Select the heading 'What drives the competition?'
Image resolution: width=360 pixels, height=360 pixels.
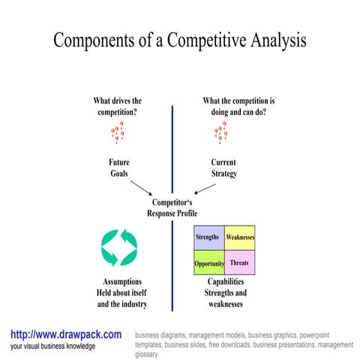coord(117,106)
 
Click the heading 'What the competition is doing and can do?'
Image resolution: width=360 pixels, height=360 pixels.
coord(239,106)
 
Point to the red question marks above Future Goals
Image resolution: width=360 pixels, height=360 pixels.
coord(118,133)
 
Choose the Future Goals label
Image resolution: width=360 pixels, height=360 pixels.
coord(120,167)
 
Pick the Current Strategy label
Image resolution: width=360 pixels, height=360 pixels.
coord(223,167)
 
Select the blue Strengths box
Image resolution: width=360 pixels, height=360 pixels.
coord(208,238)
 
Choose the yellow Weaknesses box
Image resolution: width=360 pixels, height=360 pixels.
coord(240,238)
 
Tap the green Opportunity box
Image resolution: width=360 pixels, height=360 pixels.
coord(208,263)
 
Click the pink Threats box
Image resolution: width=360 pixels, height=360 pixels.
coord(240,262)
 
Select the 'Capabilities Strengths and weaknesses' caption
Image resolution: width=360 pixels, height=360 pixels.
coord(226,292)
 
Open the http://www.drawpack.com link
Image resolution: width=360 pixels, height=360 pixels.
coord(66,334)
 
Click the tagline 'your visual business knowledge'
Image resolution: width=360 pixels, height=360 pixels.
coord(53,346)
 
